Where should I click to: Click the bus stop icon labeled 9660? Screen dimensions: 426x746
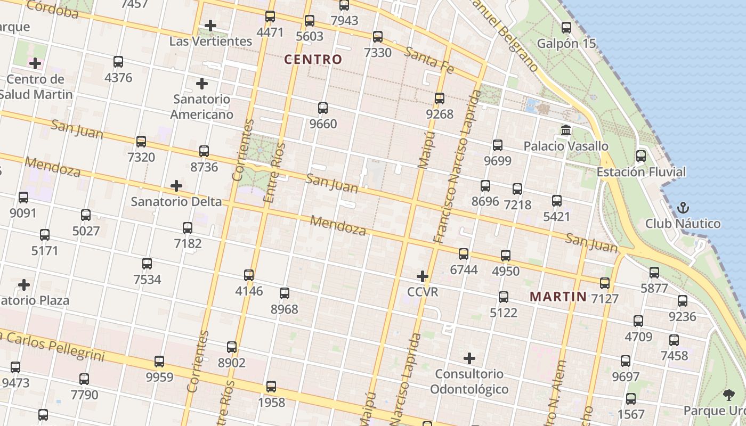tap(323, 108)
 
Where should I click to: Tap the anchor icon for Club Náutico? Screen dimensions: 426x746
tap(683, 208)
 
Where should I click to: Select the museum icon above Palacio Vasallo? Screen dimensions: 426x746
tap(566, 130)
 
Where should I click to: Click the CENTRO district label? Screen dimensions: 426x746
tap(313, 60)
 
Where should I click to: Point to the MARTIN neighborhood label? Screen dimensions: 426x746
tap(558, 297)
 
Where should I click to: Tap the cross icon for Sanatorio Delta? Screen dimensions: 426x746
tap(176, 186)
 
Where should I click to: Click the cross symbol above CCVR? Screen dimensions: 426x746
tap(423, 276)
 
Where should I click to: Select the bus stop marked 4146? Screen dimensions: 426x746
tap(249, 275)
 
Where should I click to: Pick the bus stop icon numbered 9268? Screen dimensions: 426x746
tap(440, 99)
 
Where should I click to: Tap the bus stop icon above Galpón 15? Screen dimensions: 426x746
tap(566, 28)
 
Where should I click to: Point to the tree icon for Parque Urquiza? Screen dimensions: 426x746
tap(728, 395)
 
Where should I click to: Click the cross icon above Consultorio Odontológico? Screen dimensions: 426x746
tap(469, 358)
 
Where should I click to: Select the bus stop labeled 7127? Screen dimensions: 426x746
tap(605, 283)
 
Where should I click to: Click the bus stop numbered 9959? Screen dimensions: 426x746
tap(159, 362)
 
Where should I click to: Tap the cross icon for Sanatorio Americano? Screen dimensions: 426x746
tap(202, 84)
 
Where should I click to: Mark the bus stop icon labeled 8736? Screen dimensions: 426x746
tap(204, 151)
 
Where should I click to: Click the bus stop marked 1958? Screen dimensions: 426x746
tap(271, 387)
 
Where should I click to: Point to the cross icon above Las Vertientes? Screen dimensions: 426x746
tap(210, 25)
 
